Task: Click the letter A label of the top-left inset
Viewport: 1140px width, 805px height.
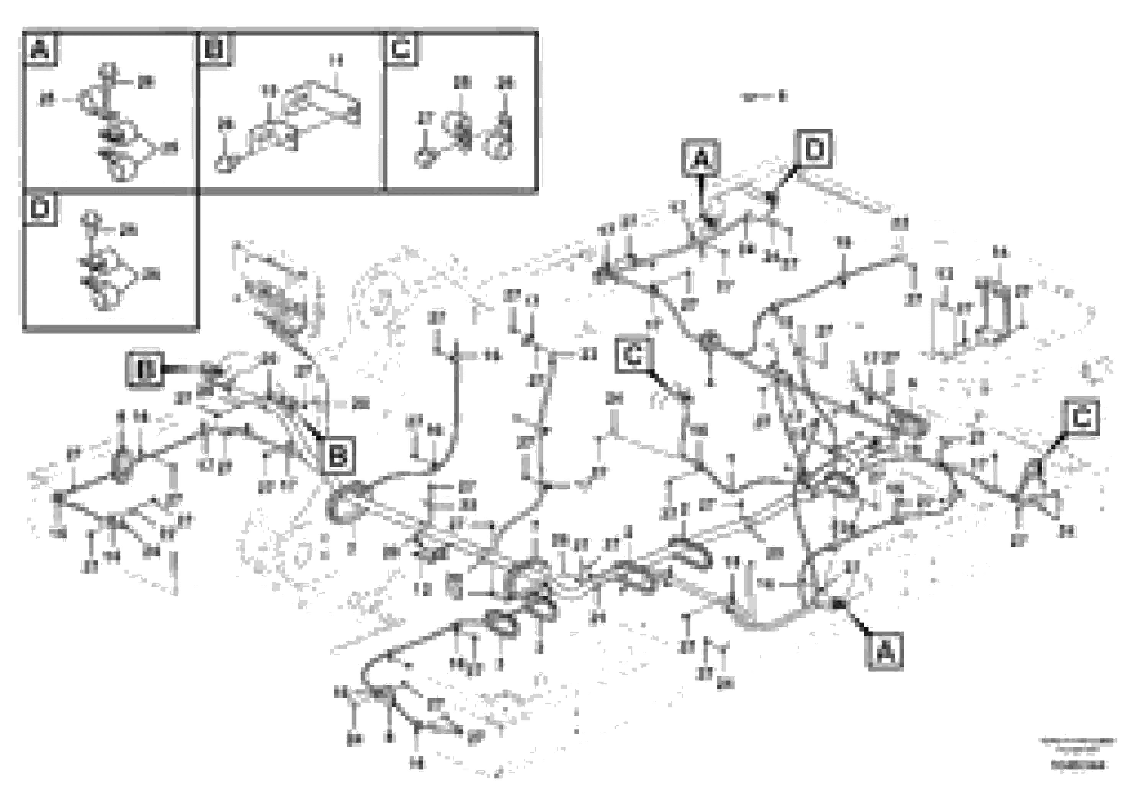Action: tap(40, 49)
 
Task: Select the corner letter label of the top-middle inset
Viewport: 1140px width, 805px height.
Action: tap(215, 49)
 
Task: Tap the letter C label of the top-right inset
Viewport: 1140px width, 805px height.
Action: tap(401, 49)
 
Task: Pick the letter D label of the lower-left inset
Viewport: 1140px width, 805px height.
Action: tap(40, 209)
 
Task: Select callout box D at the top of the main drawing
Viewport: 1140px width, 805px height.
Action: tap(814, 149)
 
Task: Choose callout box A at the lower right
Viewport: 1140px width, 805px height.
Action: tap(884, 651)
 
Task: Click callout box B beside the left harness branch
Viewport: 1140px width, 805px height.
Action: tap(338, 455)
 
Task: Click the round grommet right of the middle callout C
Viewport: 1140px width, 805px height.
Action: tap(709, 341)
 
